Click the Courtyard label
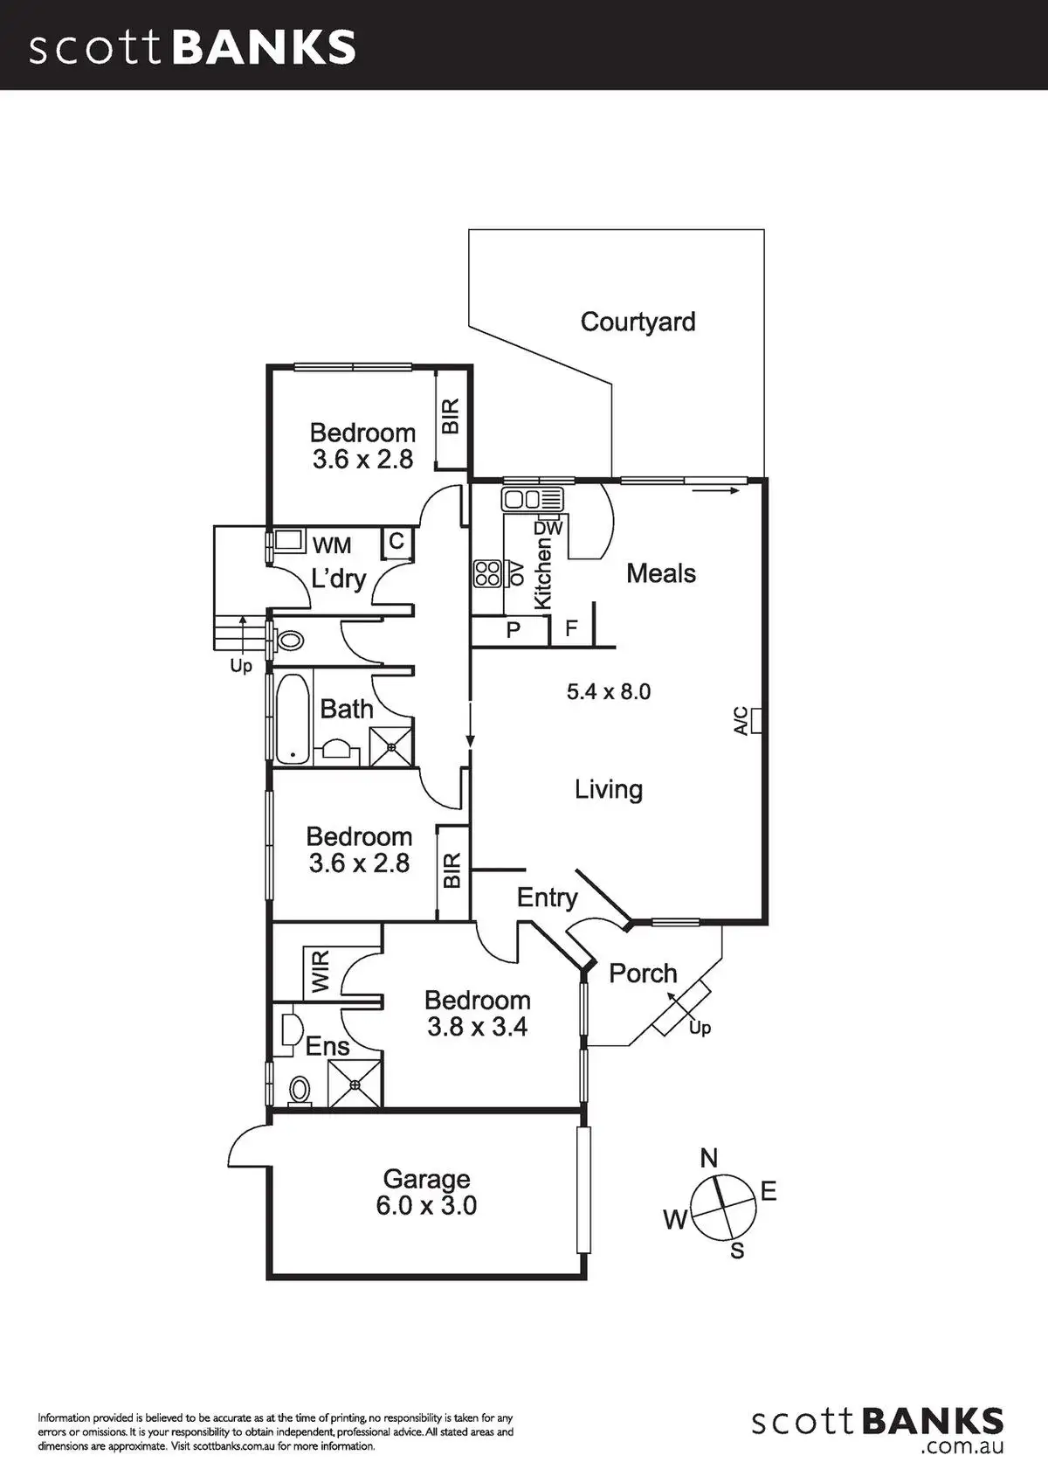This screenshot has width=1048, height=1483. (x=638, y=322)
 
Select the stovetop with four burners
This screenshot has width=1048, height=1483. (x=487, y=573)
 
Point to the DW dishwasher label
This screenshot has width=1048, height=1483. (x=548, y=528)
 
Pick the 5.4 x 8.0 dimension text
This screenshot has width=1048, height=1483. (x=609, y=692)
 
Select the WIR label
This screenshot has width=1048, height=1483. (x=320, y=972)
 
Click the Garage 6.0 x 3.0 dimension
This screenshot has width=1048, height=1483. (x=426, y=1206)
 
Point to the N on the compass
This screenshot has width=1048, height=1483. (x=709, y=1159)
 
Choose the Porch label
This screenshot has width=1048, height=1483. (x=643, y=974)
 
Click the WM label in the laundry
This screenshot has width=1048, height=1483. (x=332, y=545)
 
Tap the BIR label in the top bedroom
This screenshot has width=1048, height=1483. (x=451, y=418)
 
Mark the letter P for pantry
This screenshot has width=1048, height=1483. (x=514, y=629)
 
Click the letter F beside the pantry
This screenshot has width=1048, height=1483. (x=572, y=628)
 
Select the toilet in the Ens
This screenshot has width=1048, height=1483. (x=299, y=1089)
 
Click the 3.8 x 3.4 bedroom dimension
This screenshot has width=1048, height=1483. (x=477, y=1027)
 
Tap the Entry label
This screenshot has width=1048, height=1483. (x=547, y=897)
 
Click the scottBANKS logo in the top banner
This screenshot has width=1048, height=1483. (x=193, y=47)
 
